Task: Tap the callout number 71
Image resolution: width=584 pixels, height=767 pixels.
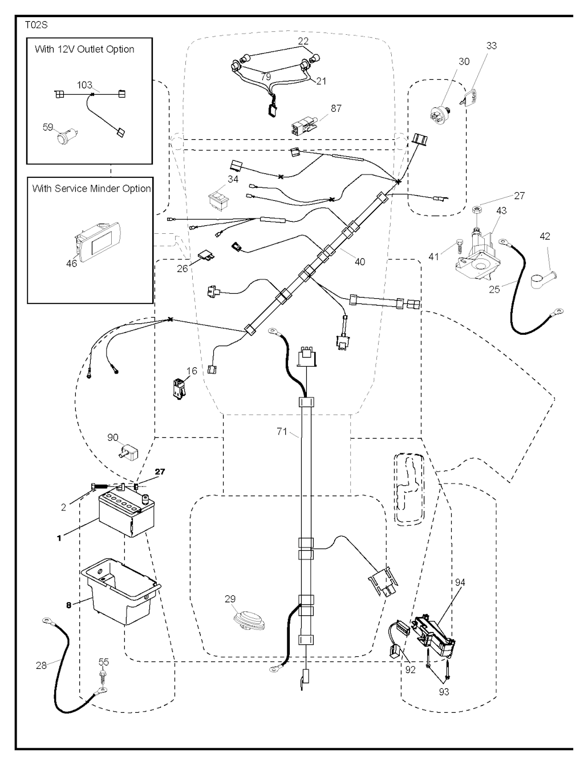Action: (282, 432)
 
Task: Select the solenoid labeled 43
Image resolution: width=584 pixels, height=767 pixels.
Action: (476, 254)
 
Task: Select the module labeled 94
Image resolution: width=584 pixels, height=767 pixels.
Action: (435, 631)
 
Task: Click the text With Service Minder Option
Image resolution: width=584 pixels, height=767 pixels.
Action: (91, 188)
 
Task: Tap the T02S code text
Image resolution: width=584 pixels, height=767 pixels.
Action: (35, 26)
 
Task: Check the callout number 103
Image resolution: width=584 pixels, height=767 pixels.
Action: (84, 85)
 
